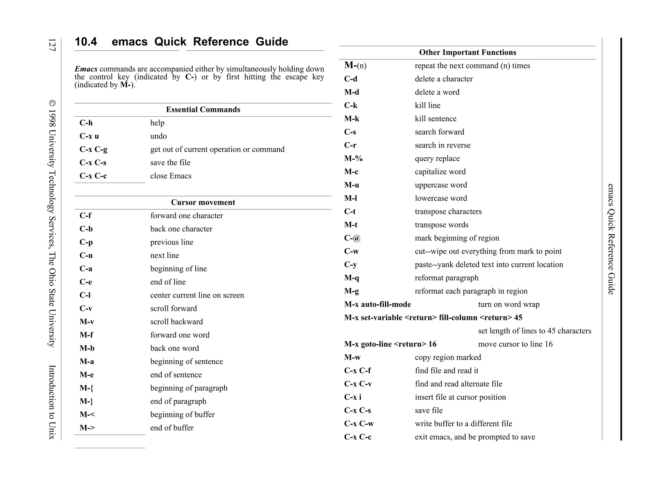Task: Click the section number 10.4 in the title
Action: coord(86,42)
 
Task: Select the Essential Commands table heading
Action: coord(203,110)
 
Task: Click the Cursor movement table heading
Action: coord(203,202)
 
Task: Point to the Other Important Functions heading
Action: coord(467,53)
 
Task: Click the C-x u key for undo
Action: coord(89,136)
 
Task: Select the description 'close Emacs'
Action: coord(171,176)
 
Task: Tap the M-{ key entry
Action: coord(86,388)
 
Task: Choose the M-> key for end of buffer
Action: coord(87,428)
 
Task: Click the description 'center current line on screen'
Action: coord(197,295)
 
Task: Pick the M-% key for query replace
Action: coord(353,159)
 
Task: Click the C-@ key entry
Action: coord(352,238)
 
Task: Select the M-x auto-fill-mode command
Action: coord(377,305)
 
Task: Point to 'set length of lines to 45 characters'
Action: coord(534,331)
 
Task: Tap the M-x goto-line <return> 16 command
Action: coord(390,344)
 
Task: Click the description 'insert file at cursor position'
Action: coord(460,397)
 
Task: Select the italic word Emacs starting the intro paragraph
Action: coord(86,69)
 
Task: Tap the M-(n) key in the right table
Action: coord(355,66)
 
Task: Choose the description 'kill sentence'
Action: coord(435,119)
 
